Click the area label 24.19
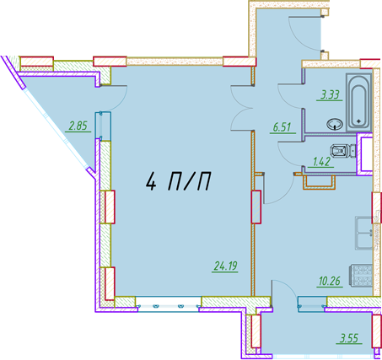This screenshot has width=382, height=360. pyautogui.click(x=226, y=266)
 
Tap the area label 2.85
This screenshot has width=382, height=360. pyautogui.click(x=78, y=126)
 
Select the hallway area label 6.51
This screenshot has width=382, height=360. pyautogui.click(x=282, y=127)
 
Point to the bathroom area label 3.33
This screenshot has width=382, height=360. pyautogui.click(x=330, y=94)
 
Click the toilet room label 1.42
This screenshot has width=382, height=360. pyautogui.click(x=321, y=162)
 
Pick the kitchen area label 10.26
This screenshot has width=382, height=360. pyautogui.click(x=330, y=281)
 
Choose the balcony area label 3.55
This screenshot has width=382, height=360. pyautogui.click(x=349, y=338)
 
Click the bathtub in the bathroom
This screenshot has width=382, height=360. pyautogui.click(x=359, y=103)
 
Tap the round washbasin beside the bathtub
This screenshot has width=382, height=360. pyautogui.click(x=335, y=124)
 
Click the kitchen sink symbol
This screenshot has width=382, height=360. pyautogui.click(x=364, y=233)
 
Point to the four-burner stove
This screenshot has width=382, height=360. pyautogui.click(x=361, y=275)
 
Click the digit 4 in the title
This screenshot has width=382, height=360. pyautogui.click(x=151, y=182)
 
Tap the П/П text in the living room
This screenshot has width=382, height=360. pyautogui.click(x=189, y=182)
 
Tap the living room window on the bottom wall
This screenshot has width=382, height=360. pyautogui.click(x=169, y=304)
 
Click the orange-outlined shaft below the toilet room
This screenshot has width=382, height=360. pyautogui.click(x=319, y=182)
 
